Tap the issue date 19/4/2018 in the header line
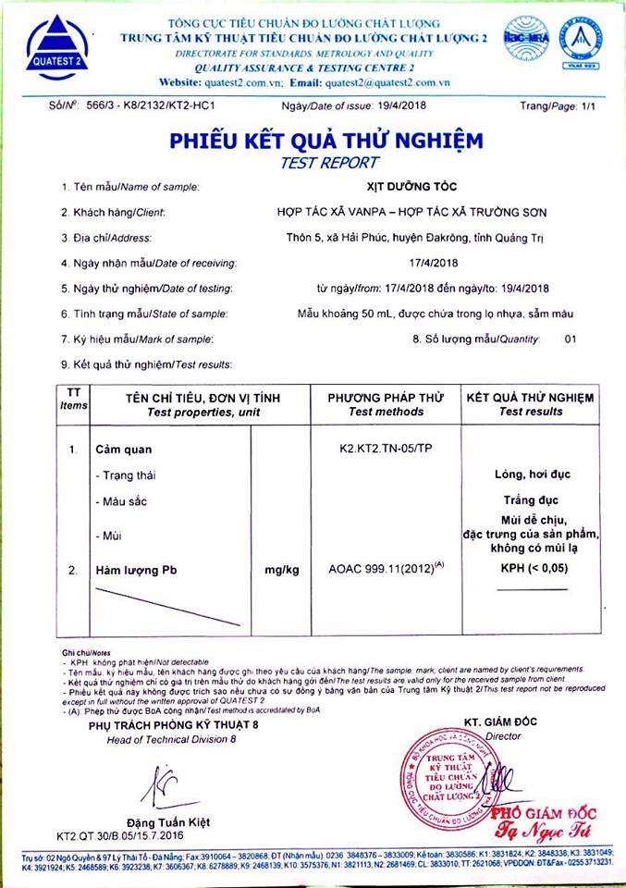415,106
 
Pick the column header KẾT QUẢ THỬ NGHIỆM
530,398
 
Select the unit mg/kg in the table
281,570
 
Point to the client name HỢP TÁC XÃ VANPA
325,213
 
